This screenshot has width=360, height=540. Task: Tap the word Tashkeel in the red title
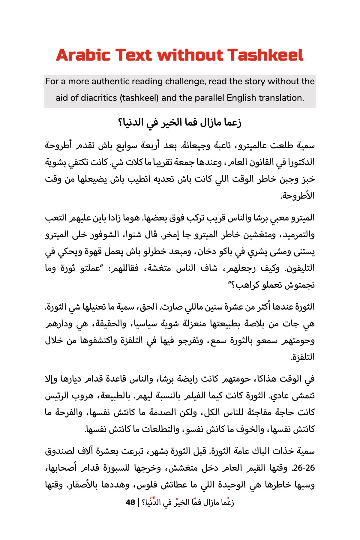pyautogui.click(x=265, y=55)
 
